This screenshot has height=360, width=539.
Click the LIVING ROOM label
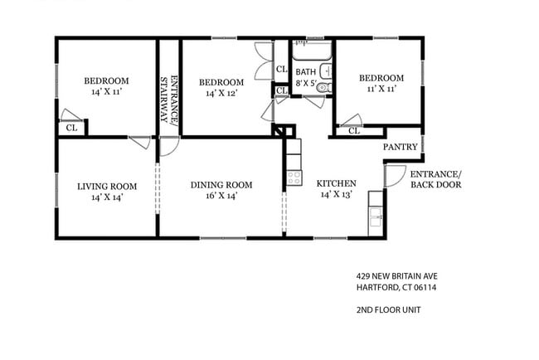click(x=105, y=186)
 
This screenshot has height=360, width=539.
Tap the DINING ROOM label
click(x=221, y=185)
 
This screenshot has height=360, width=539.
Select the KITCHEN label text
click(x=338, y=183)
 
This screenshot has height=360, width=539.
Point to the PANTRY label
click(x=400, y=147)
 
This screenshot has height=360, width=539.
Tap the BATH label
click(x=306, y=71)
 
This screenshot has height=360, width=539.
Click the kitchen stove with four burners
click(x=293, y=177)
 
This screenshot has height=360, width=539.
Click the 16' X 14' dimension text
click(x=221, y=197)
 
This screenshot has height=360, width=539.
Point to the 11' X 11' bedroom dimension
click(x=381, y=88)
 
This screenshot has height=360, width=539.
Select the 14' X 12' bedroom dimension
click(x=221, y=94)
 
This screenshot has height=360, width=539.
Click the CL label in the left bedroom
click(x=71, y=128)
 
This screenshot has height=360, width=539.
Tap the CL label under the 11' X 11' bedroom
click(x=354, y=130)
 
